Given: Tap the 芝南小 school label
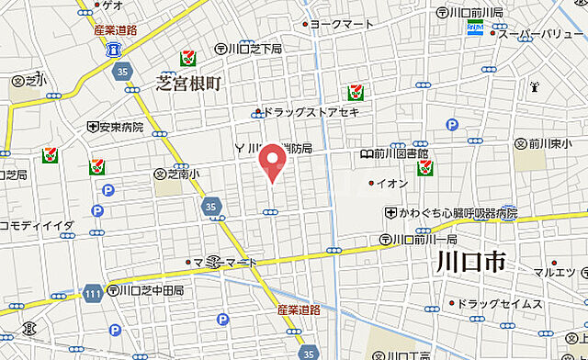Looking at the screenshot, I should (183, 171).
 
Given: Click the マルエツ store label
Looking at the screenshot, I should (554, 272).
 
